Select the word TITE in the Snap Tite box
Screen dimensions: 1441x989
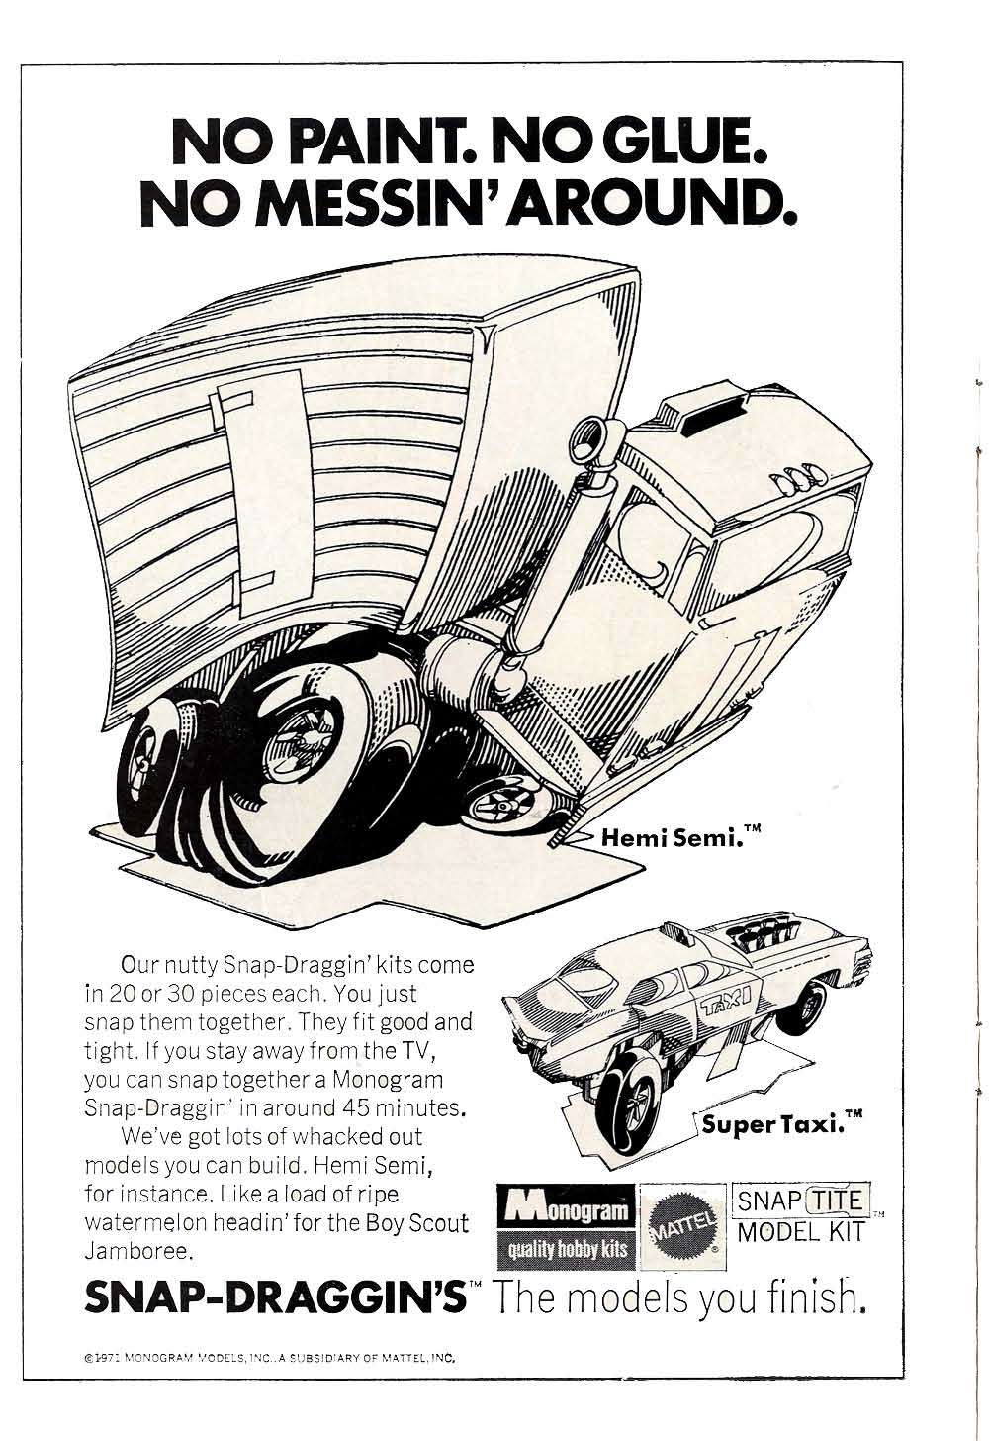[x=837, y=1201]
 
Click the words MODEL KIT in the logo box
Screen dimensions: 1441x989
[x=801, y=1232]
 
